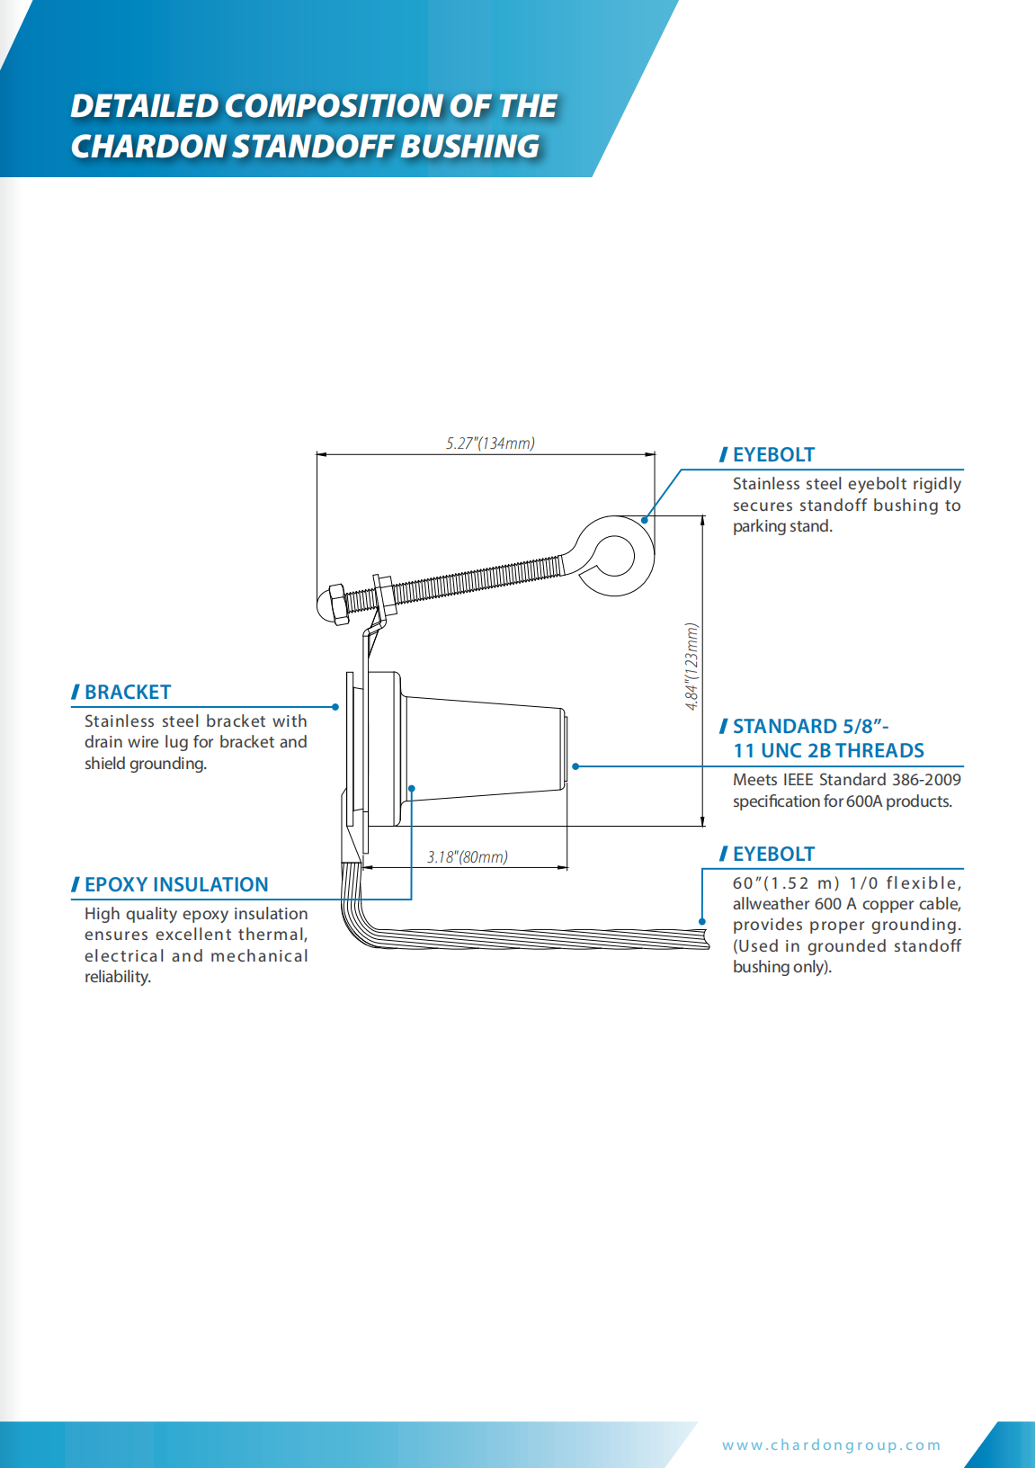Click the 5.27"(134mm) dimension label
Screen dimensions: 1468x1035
pos(490,443)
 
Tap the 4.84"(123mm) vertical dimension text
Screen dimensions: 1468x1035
pos(691,667)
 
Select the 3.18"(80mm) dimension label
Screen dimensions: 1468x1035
pos(467,856)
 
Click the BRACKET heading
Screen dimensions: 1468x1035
pos(127,692)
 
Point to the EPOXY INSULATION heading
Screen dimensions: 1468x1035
pos(175,884)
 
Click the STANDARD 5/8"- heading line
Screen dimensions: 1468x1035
pos(809,726)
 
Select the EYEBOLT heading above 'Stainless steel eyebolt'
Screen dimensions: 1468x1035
pos(772,454)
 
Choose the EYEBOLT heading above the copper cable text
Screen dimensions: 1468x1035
pos(772,854)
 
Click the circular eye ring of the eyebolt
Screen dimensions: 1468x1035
pos(615,555)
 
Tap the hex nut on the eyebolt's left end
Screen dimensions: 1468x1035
pos(335,604)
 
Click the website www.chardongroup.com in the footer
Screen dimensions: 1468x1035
pos(831,1445)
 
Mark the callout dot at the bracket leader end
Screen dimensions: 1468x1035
pos(335,707)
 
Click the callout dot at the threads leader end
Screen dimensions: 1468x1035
pos(575,766)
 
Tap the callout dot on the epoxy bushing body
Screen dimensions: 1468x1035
pos(412,789)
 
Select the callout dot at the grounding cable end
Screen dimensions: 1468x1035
pos(702,921)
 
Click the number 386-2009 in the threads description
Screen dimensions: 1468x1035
pos(926,779)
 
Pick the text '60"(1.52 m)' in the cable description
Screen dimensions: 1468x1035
pos(786,883)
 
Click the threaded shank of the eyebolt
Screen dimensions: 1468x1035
pos(477,581)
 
